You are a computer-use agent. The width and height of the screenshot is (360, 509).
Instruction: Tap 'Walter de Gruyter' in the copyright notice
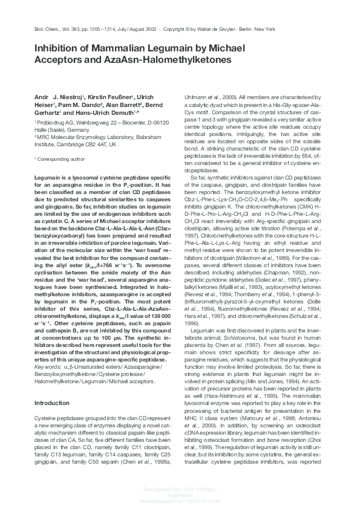tap(220, 29)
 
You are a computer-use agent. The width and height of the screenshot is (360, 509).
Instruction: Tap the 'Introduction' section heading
tap(53, 386)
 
